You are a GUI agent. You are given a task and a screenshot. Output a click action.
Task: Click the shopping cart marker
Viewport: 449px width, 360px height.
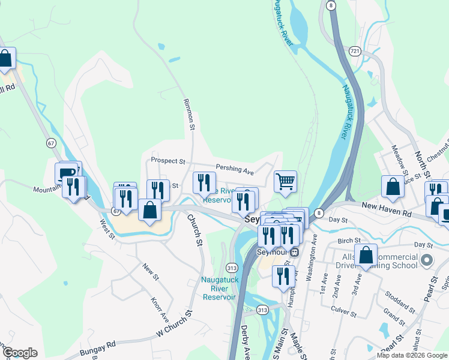pos(285,181)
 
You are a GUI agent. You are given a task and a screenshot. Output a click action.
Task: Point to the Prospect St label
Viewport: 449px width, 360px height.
pos(167,161)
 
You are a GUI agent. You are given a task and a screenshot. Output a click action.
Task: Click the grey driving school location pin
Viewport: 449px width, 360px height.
pos(427,260)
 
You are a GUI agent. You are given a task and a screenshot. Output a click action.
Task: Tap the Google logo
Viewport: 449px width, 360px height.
pos(20,353)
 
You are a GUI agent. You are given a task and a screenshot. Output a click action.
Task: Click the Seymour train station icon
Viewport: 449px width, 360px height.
pos(294,253)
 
